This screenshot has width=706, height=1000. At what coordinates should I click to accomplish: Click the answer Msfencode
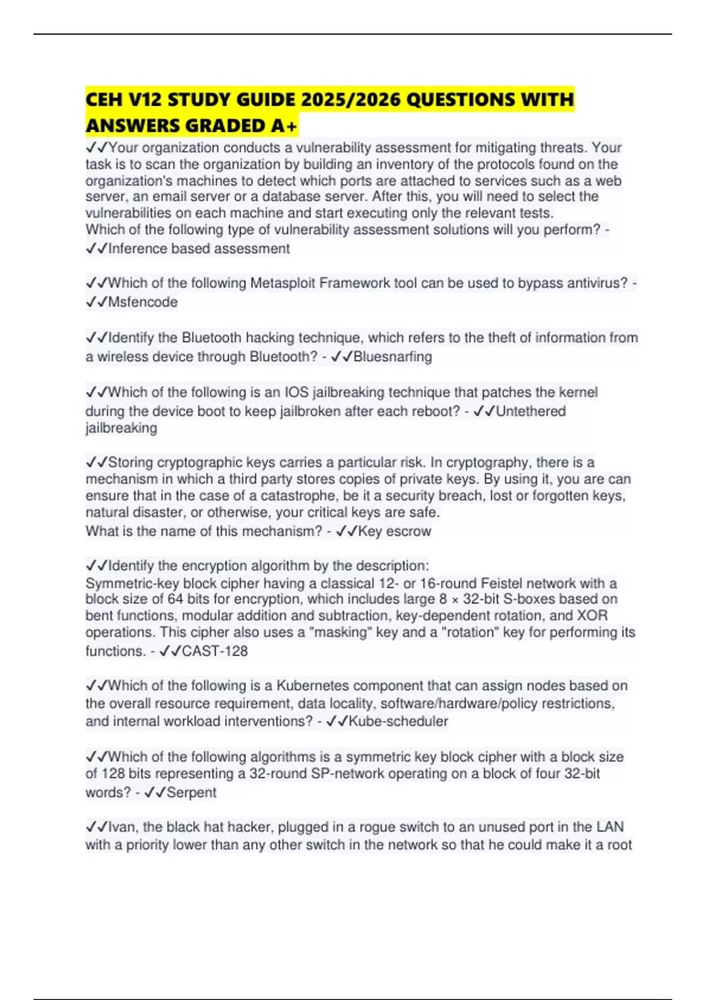pos(143,302)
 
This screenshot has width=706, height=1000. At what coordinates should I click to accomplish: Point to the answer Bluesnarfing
pos(392,356)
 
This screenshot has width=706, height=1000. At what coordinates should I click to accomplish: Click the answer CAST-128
pos(215,651)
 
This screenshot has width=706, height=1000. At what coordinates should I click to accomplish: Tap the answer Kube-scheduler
pos(398,721)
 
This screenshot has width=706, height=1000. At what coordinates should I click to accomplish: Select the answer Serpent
pos(191,792)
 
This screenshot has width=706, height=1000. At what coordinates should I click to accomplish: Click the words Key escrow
pos(395,531)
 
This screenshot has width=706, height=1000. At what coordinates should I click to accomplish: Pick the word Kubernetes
pos(312,686)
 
